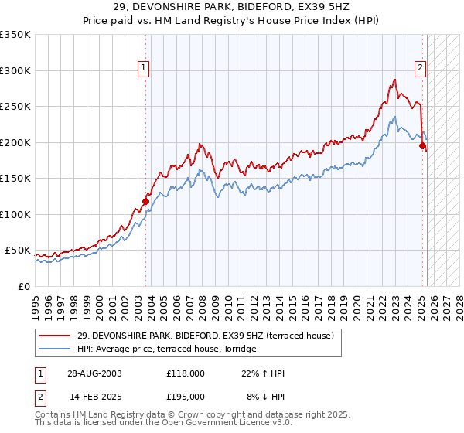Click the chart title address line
point(231,7)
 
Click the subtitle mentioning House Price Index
point(231,20)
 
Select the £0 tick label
point(22,286)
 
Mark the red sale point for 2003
point(145,202)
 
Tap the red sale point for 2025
point(422,145)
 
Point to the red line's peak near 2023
point(394,80)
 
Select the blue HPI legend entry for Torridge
point(170,349)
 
